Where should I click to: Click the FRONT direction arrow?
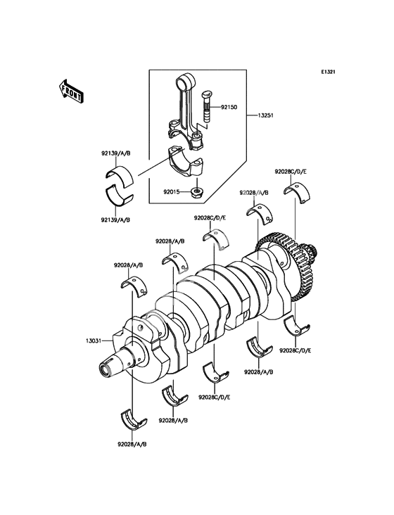point(70,91)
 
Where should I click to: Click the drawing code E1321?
point(328,72)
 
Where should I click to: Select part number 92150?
point(229,107)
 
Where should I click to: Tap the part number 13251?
point(265,115)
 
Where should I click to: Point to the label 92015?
point(172,191)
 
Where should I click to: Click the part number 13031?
point(93,341)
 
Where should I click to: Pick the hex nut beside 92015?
point(196,191)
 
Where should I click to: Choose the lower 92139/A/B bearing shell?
point(120,195)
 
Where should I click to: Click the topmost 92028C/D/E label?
point(291,172)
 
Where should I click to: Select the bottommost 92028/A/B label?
point(132,445)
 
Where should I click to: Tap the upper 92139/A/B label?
point(115,153)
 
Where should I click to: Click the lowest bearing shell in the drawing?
point(134,419)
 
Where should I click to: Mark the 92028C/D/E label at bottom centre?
point(214,398)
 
